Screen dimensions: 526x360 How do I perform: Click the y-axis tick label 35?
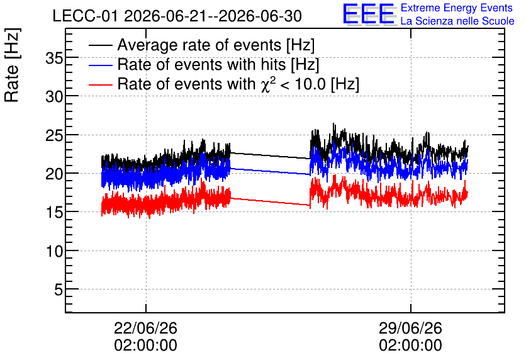point(54,59)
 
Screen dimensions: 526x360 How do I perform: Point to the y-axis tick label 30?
point(54,98)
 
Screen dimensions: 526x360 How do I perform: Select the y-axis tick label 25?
point(54,136)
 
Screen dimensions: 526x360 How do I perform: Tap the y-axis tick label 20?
point(54,174)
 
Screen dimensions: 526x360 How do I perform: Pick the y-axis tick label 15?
point(54,213)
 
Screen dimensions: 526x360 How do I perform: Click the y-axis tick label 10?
point(54,251)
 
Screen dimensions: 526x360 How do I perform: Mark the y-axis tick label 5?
point(59,290)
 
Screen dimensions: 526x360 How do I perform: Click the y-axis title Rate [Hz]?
point(12,65)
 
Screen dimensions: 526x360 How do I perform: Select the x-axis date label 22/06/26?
point(145,328)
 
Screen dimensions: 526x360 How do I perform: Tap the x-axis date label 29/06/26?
point(411,328)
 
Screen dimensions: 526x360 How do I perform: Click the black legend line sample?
point(101,45)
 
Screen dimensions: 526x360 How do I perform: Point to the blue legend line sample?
point(101,65)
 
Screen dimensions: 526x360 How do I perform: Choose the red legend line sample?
point(101,84)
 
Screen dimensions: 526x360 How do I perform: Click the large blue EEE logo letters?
point(368,14)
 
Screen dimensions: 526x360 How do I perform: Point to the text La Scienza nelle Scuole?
point(457,21)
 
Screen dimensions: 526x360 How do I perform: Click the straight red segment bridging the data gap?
point(270,201)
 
